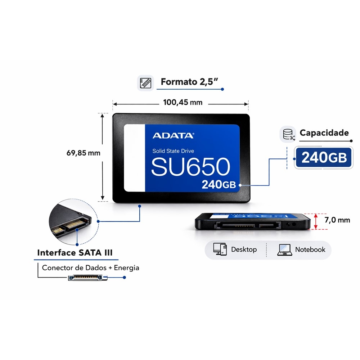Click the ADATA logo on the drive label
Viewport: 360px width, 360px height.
[x=174, y=135]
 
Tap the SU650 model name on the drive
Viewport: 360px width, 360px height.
[x=190, y=167]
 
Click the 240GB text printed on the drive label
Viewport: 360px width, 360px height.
[x=219, y=184]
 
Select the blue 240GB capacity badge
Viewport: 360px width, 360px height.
[x=324, y=158]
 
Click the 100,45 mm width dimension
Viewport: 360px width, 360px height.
[x=183, y=102]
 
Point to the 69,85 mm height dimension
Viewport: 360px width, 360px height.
[x=84, y=153]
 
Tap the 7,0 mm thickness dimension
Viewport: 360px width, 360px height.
[x=337, y=220]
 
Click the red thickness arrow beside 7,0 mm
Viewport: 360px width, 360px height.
[x=316, y=221]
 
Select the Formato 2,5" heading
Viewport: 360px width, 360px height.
[x=189, y=82]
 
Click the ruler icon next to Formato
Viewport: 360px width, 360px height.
[x=145, y=83]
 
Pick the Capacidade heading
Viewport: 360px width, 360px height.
[x=324, y=133]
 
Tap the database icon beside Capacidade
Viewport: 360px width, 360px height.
[x=288, y=134]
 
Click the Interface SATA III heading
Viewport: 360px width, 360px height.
[x=75, y=253]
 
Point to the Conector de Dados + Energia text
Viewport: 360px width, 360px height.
[x=90, y=268]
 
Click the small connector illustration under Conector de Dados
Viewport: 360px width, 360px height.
[x=88, y=278]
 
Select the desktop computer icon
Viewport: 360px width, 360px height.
[x=220, y=249]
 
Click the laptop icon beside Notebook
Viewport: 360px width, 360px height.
[x=285, y=250]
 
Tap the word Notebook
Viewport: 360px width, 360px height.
[x=310, y=249]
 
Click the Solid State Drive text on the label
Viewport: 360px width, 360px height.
[x=173, y=151]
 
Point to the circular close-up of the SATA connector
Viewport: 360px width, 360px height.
[x=74, y=221]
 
